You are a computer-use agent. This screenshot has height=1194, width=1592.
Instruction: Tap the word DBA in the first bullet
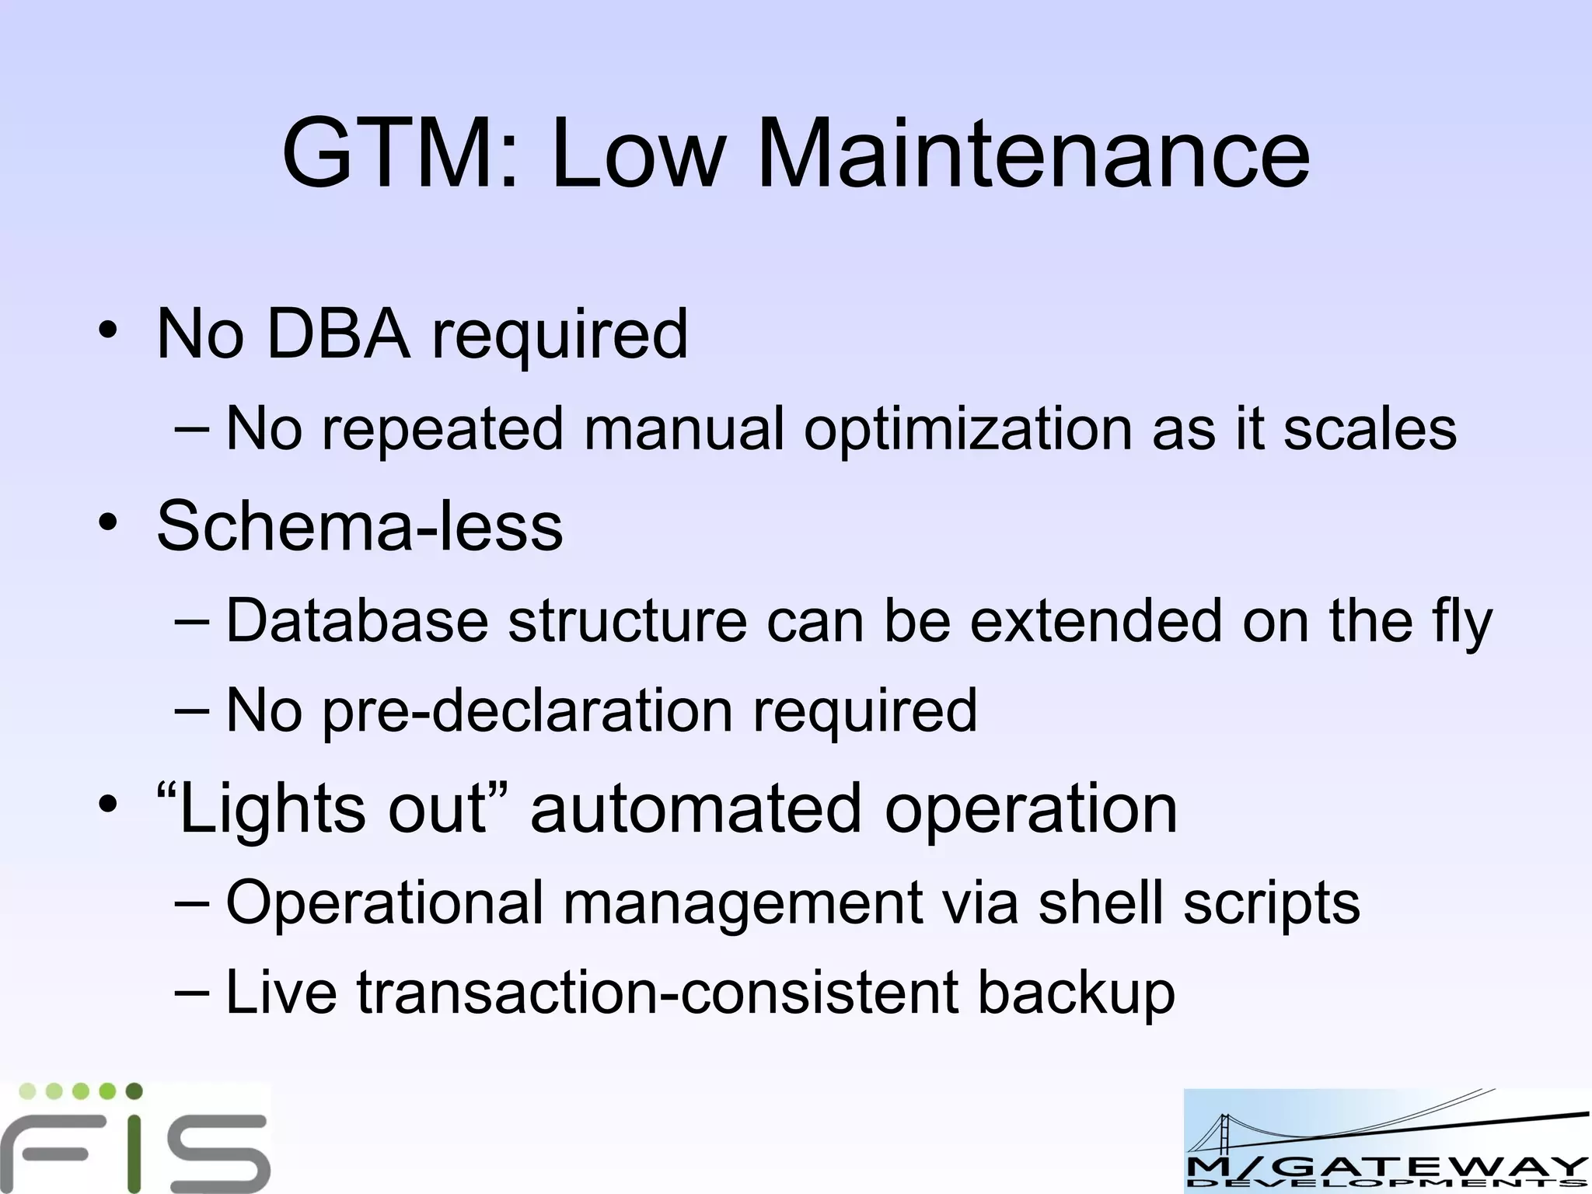pyautogui.click(x=338, y=333)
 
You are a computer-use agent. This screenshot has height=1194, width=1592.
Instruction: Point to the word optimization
pyautogui.click(x=968, y=429)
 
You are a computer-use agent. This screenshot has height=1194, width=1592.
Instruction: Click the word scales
pyautogui.click(x=1370, y=429)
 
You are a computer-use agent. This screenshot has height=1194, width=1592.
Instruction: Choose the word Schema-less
pyautogui.click(x=360, y=525)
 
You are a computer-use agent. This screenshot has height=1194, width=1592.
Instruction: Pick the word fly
pyautogui.click(x=1461, y=622)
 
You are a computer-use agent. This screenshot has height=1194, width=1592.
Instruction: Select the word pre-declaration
pyautogui.click(x=528, y=710)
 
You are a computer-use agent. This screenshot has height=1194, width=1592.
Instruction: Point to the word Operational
pyautogui.click(x=384, y=903)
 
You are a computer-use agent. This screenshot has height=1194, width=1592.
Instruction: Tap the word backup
pyautogui.click(x=1076, y=994)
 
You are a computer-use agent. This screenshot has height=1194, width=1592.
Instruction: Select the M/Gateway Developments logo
pyautogui.click(x=1386, y=1141)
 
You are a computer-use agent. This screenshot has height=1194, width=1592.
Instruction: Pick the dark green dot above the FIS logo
pyautogui.click(x=134, y=1091)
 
